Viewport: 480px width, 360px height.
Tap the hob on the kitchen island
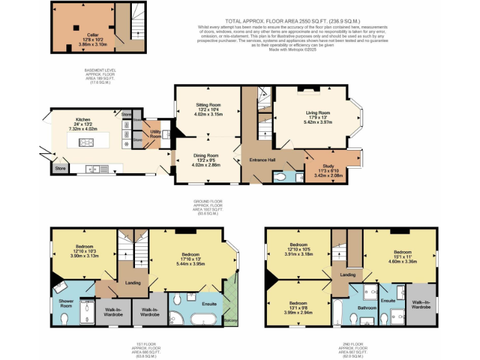86,142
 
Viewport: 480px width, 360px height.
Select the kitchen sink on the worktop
93,168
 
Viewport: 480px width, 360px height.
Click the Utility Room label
156,134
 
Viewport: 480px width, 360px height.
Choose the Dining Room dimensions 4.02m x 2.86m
204,165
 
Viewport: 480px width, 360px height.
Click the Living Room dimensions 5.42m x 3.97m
317,122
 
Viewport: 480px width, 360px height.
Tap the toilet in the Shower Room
66,319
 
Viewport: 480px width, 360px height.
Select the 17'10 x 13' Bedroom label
191,255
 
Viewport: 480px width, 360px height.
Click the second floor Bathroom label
367,307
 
